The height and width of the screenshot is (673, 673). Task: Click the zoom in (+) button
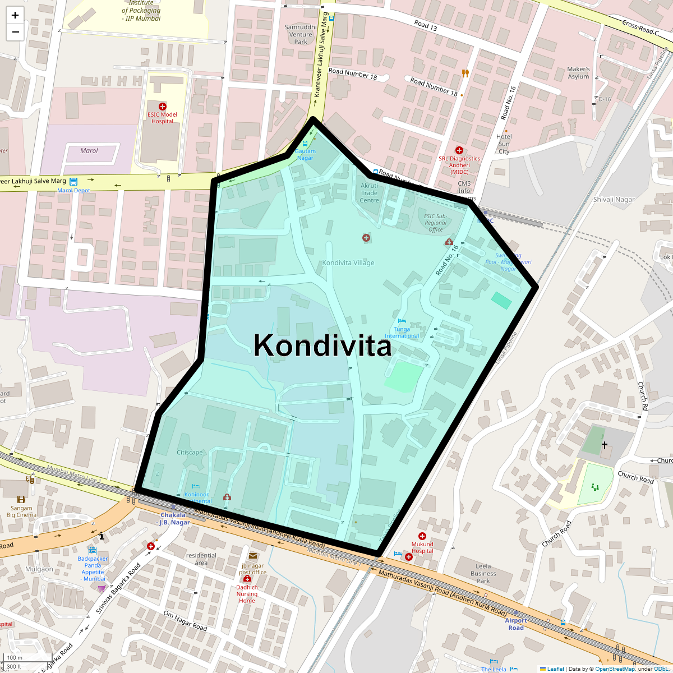tap(15, 15)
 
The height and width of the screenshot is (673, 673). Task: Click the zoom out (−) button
tap(15, 32)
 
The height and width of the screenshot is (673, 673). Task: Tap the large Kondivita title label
tap(322, 345)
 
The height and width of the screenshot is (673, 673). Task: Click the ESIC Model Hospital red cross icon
tap(163, 107)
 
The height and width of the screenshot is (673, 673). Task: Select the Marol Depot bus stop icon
tap(73, 181)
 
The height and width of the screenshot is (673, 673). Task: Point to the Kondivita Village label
tap(348, 262)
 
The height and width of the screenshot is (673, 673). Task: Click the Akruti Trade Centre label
tap(369, 193)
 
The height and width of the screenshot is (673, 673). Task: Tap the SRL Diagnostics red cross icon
tap(459, 150)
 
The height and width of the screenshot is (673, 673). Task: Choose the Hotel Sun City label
tap(504, 144)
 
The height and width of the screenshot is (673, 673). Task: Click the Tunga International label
tap(402, 333)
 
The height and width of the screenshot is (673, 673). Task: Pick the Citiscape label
tap(190, 453)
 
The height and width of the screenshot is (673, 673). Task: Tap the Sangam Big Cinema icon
tap(21, 499)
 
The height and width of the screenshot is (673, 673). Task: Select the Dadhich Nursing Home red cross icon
tap(247, 579)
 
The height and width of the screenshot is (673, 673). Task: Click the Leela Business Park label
tap(483, 574)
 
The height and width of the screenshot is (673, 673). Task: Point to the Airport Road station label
tap(516, 624)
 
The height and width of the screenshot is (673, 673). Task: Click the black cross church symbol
tap(605, 445)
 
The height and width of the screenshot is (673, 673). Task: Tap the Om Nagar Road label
tap(185, 621)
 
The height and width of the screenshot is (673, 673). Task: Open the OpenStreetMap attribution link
tap(615, 669)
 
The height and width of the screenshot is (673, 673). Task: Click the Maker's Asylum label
tap(578, 73)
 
